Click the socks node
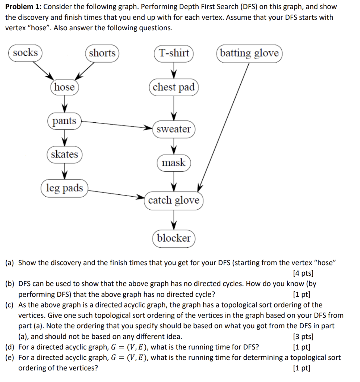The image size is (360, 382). tap(25, 53)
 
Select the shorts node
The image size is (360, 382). tap(102, 53)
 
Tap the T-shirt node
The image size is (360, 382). tap(174, 53)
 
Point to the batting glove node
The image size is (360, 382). tap(249, 53)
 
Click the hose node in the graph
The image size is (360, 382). tap(64, 87)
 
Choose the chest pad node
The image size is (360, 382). tap(174, 87)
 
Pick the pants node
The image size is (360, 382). tap(64, 121)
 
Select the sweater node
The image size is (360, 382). tap(174, 129)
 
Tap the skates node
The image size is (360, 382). tap(64, 154)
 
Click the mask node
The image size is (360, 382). tap(174, 163)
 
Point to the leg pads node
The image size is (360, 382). tap(64, 188)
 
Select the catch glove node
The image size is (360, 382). tap(174, 201)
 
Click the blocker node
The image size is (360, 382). tap(174, 238)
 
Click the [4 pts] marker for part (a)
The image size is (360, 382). tap(303, 273)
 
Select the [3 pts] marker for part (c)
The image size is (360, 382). tap(303, 336)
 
